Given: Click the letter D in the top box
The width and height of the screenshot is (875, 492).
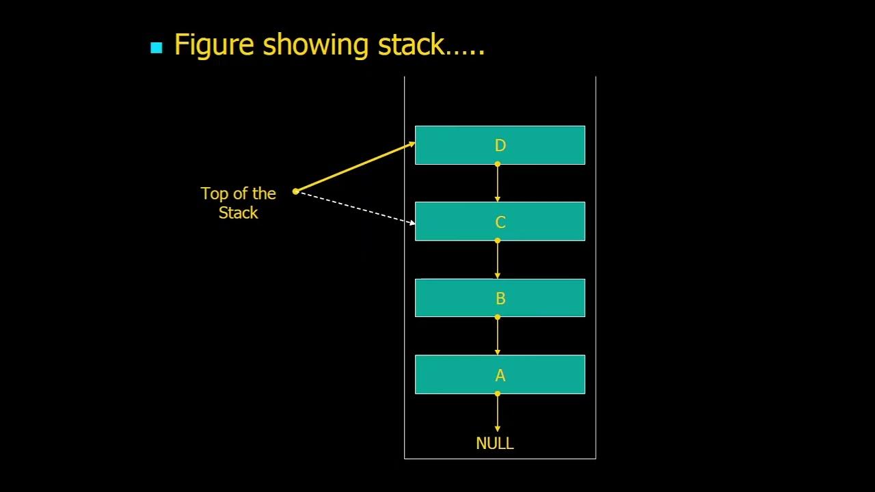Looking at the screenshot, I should tap(500, 146).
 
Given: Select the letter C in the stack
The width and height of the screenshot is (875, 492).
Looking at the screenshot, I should tap(500, 222).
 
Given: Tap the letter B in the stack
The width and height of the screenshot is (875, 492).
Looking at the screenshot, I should tap(500, 299).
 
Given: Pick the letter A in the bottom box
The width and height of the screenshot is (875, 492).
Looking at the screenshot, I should tap(500, 375).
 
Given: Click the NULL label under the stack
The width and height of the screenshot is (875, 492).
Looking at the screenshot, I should tap(494, 443).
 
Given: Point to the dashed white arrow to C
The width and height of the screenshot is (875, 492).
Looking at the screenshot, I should tap(355, 207).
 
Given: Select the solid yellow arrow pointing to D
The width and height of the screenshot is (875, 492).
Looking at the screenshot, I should tap(355, 167).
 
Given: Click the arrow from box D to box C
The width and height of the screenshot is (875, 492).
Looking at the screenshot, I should tap(498, 183).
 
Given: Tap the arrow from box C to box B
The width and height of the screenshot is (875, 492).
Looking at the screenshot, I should tap(498, 260).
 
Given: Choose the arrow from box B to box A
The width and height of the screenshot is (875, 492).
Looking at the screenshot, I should tap(498, 336).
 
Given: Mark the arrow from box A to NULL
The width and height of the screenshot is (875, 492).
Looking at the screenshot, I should tap(498, 413).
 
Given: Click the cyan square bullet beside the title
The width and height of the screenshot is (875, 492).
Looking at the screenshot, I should tap(157, 48).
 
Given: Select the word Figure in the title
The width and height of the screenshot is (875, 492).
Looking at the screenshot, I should tap(215, 45).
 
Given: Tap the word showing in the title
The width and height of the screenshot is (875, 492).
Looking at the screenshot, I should tap(317, 45).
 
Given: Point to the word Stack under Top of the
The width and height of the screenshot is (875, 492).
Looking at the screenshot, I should tap(238, 213).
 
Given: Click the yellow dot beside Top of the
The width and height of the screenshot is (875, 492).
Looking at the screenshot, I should tap(295, 191).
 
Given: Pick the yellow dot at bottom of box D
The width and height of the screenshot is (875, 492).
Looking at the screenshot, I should tap(498, 164).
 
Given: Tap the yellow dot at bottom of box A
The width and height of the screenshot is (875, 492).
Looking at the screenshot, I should tap(498, 394).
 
